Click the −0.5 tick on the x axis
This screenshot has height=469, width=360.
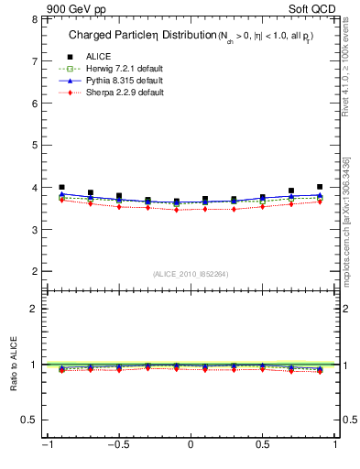coord(116,446)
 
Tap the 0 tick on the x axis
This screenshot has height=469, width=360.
coord(191,446)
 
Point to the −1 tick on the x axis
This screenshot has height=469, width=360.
coord(44,446)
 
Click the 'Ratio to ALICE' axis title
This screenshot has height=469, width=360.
coord(12,365)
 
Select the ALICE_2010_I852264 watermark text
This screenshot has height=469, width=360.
coord(190,273)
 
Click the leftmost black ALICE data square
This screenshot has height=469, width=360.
coord(61,187)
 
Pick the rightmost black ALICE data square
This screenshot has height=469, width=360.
coord(319,187)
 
